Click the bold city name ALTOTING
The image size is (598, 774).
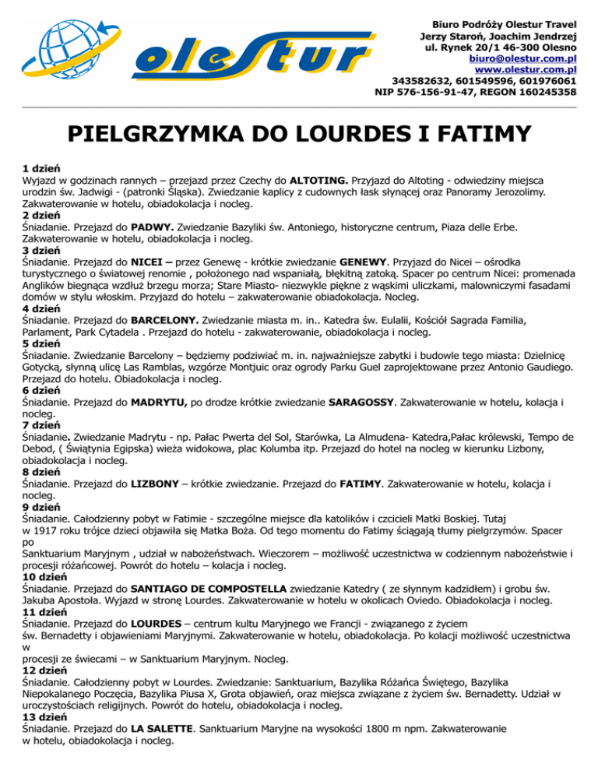[342, 180]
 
